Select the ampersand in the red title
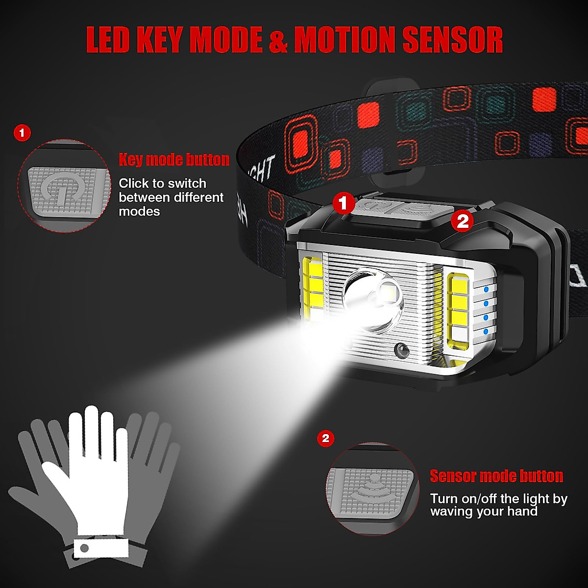(x=278, y=40)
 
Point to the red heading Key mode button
(x=174, y=160)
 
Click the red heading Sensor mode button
(x=496, y=476)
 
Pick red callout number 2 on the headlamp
(x=463, y=221)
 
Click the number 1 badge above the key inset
(x=22, y=133)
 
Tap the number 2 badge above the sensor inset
(x=326, y=438)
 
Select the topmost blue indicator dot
(x=486, y=290)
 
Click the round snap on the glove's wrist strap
(x=84, y=548)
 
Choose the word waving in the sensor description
(x=452, y=512)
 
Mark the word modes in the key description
(x=139, y=212)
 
